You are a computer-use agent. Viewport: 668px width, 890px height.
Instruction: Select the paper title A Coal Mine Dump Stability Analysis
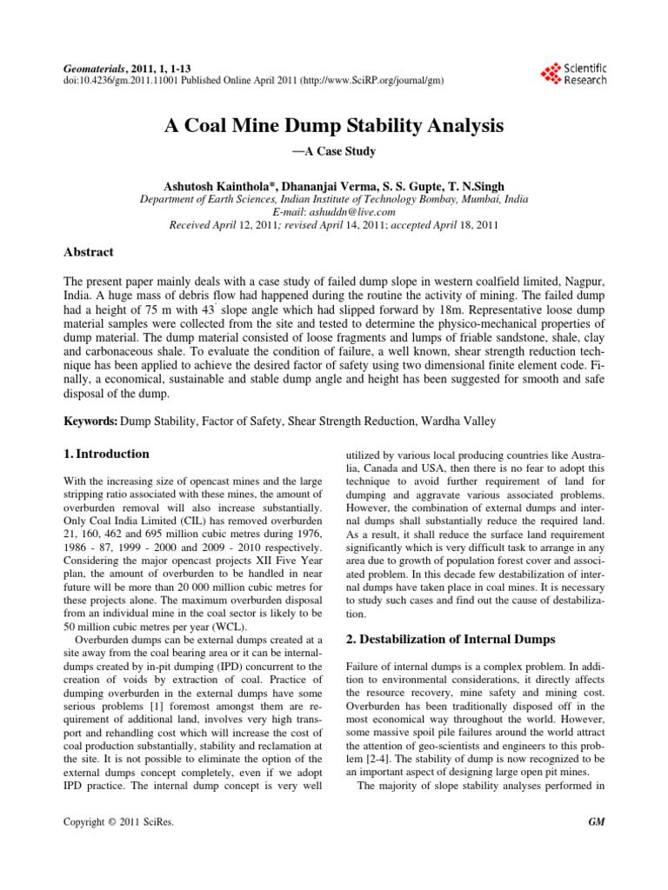click(x=334, y=126)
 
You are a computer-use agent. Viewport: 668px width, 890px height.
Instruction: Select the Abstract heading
click(x=90, y=251)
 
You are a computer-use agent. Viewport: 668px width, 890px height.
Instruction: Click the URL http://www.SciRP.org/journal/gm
click(x=373, y=79)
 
